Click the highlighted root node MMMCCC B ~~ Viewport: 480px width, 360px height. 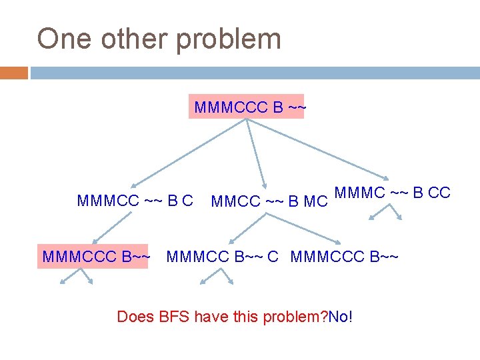247,107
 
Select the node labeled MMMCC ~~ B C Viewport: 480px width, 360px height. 135,200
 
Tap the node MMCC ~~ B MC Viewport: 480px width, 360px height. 269,201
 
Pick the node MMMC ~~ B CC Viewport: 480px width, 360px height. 393,193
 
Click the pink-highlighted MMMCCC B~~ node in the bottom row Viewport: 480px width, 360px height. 95,256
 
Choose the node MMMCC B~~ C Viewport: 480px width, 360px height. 222,256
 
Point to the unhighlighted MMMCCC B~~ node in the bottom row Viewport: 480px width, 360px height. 345,256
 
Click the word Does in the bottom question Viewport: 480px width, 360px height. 135,316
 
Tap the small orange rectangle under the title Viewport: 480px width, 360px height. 14,73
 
